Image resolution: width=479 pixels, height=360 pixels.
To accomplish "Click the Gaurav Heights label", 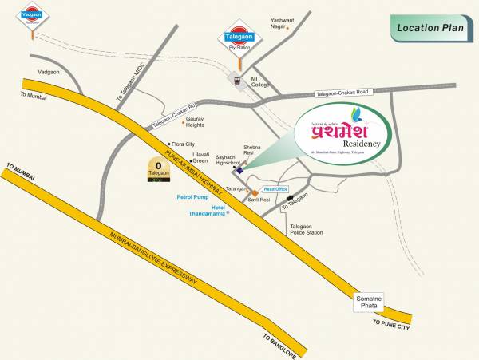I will (196, 121).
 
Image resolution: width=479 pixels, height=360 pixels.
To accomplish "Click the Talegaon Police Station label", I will (307, 229).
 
